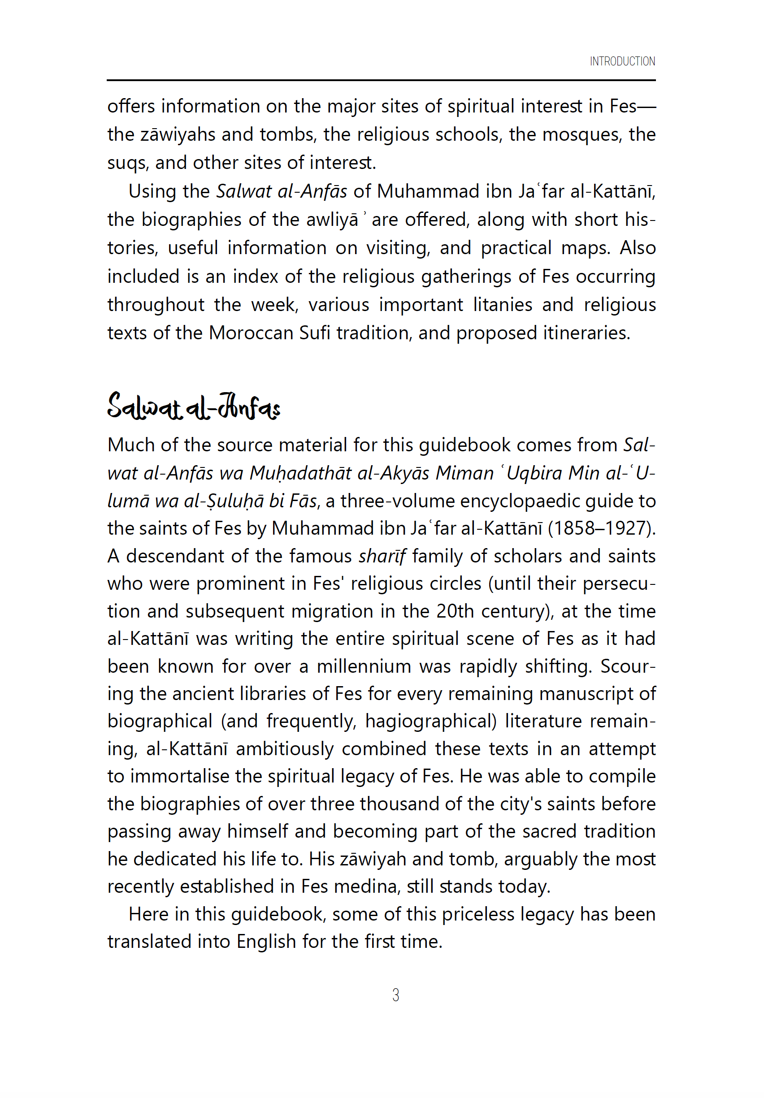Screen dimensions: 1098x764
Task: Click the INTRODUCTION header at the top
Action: [621, 61]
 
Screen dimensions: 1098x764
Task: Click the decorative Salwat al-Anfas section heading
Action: [193, 406]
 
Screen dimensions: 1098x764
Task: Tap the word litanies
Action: [502, 305]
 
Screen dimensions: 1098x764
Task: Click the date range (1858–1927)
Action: [601, 528]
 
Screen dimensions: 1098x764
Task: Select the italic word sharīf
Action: [382, 556]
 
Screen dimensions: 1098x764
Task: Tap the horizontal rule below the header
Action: [381, 80]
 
